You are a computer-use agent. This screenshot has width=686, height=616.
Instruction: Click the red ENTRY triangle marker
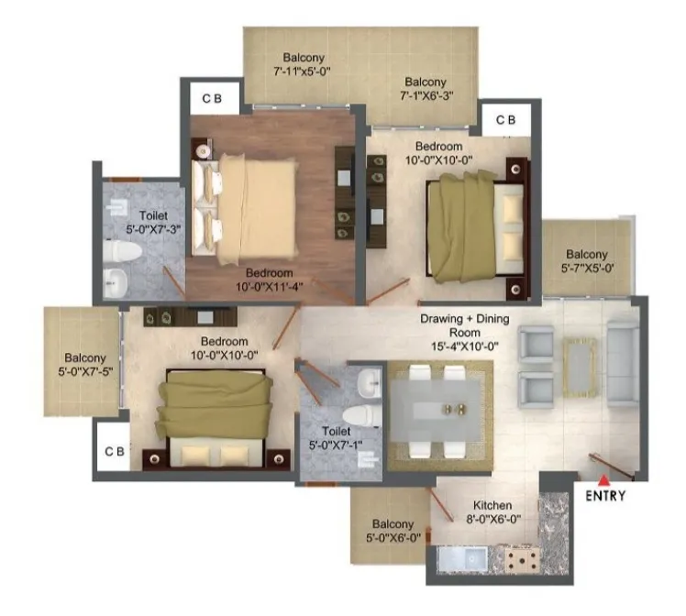tap(604, 481)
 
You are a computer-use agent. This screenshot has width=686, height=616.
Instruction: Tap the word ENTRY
tap(605, 496)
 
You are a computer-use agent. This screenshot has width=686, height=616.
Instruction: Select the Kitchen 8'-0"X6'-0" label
tap(493, 512)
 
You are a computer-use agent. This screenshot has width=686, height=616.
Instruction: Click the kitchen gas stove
tap(523, 559)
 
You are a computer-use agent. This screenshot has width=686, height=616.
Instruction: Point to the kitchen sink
tap(463, 559)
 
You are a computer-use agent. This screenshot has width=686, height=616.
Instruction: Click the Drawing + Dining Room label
tap(465, 332)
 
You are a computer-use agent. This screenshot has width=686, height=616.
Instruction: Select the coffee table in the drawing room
tap(580, 368)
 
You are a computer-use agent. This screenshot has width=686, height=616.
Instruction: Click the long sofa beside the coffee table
tap(623, 363)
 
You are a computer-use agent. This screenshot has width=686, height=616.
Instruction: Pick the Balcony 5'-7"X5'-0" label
tap(587, 261)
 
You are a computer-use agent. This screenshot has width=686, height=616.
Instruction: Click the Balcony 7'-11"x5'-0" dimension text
tap(303, 71)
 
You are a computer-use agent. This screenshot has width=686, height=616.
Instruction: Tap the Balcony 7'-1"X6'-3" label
tap(426, 89)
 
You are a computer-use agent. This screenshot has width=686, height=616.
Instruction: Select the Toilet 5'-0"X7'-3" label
tap(153, 223)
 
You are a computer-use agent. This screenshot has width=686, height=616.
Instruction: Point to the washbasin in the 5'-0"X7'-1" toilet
tap(370, 383)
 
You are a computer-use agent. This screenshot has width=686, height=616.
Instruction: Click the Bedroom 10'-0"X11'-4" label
tap(270, 280)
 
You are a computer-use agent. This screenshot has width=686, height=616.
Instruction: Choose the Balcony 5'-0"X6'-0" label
tap(393, 531)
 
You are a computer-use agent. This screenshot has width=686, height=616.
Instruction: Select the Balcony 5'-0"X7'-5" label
tap(85, 365)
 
